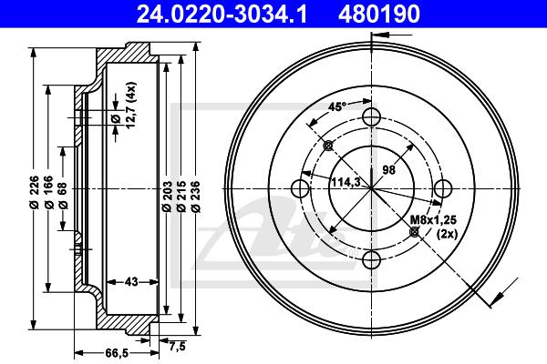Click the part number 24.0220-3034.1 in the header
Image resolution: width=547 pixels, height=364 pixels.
222,14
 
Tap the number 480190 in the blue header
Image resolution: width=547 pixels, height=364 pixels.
379,14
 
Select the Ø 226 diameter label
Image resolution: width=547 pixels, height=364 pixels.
34,193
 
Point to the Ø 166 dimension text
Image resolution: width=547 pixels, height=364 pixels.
48,193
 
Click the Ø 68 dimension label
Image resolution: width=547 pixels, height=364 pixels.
63,196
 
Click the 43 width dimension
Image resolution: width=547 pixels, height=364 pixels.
131,281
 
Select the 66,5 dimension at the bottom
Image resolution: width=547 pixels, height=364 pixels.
117,353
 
